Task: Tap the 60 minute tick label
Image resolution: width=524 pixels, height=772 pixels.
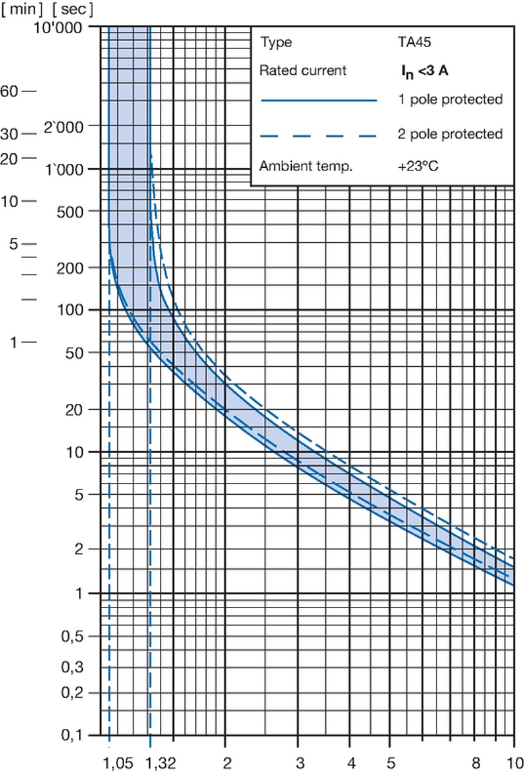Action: (x=9, y=91)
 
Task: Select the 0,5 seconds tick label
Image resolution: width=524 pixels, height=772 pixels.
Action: (x=82, y=637)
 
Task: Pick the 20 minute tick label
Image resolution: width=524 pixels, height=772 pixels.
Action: (x=9, y=158)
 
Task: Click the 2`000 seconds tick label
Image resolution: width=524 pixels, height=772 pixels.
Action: (x=75, y=126)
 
